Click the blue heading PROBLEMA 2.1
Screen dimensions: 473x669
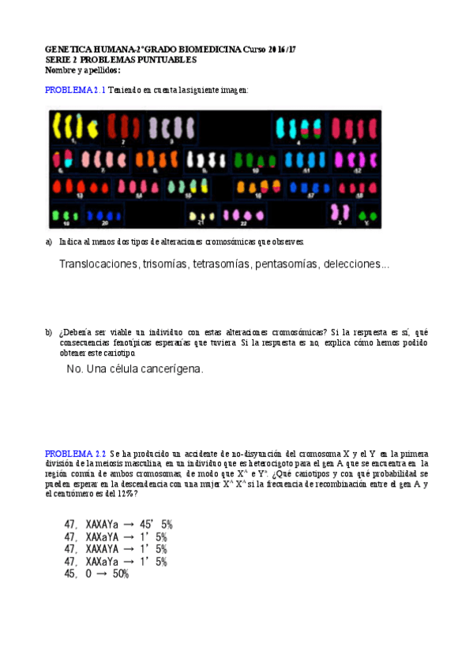click(x=75, y=90)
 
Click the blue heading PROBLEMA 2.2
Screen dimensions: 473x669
click(x=75, y=454)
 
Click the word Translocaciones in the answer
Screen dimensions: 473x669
click(x=99, y=264)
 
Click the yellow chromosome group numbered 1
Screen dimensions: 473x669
click(x=74, y=126)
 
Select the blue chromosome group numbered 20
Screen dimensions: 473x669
click(x=99, y=214)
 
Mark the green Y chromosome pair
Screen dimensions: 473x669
click(x=366, y=214)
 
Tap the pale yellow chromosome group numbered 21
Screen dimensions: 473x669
click(x=203, y=215)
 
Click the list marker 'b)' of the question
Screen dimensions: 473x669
click(x=49, y=333)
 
